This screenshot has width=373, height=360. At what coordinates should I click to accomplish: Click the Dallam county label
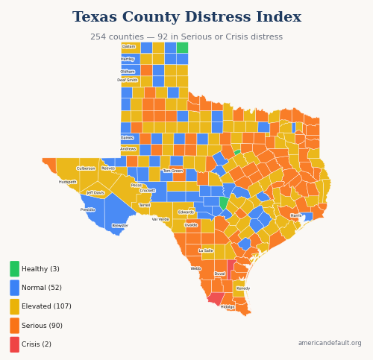coord(129,46)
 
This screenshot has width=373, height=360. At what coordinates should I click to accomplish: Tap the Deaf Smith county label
coord(128,80)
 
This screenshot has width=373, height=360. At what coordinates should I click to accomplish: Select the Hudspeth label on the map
coord(68,182)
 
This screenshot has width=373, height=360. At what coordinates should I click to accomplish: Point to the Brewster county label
coord(120,225)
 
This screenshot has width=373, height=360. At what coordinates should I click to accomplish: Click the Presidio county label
coord(88,209)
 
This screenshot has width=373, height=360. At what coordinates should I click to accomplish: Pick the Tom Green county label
coord(173,171)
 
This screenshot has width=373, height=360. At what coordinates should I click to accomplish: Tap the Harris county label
coord(296,215)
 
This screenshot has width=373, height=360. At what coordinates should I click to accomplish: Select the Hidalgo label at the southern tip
coord(228,306)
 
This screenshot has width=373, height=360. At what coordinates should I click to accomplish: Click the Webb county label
coord(195,268)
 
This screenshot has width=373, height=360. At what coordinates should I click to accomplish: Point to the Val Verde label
coord(160,219)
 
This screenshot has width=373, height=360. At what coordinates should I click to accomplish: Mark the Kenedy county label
coord(243,288)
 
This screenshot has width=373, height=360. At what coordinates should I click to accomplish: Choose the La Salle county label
coord(206,250)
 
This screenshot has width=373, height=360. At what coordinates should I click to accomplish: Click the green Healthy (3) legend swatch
coord(15,269)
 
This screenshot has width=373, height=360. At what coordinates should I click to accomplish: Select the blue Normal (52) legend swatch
coord(15,288)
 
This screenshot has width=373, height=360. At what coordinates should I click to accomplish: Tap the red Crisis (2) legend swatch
coord(15,344)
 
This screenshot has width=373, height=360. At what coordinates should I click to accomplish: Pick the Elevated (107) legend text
coord(46,306)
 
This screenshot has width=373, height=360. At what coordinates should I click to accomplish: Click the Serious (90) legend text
coord(42,326)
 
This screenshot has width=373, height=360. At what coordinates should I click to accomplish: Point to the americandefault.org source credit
coord(329,343)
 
